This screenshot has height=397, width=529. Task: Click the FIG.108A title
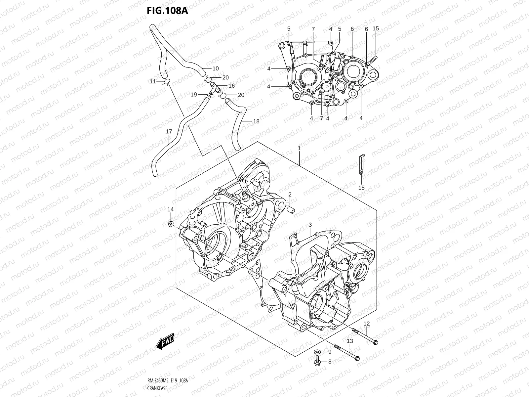(167, 11)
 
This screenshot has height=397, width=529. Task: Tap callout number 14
(170, 209)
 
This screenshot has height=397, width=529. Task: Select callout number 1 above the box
(299, 149)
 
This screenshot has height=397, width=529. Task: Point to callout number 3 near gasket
(310, 225)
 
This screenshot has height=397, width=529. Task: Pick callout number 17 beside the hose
(169, 131)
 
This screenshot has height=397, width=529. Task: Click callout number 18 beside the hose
(256, 121)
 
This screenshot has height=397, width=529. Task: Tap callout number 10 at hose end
(216, 69)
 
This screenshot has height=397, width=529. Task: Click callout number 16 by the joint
(231, 86)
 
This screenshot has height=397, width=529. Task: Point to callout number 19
(194, 95)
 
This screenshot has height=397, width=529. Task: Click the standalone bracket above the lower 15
(362, 164)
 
